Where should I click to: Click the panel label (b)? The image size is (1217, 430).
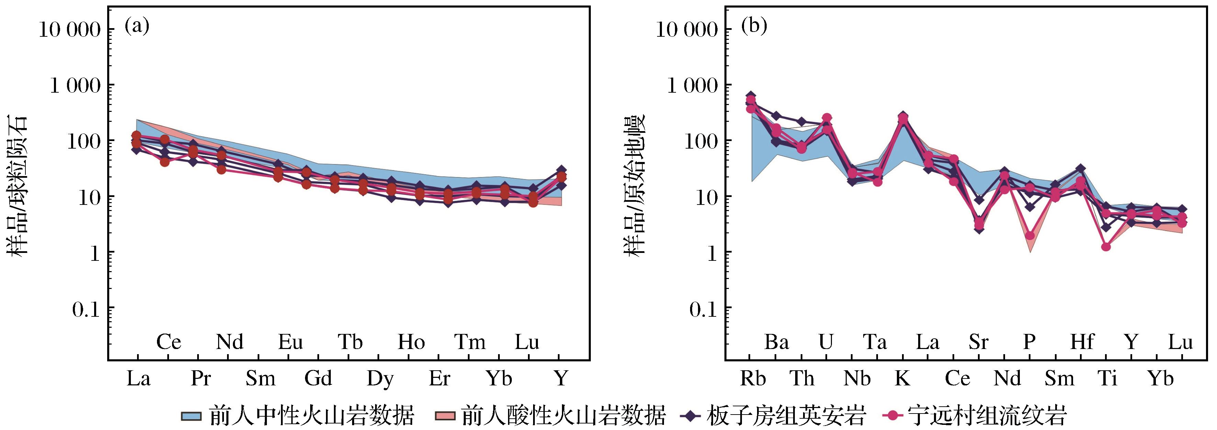(754, 26)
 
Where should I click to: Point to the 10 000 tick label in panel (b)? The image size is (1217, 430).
(687, 30)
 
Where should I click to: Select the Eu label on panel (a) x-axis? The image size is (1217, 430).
(290, 342)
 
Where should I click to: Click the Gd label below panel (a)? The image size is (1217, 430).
(318, 378)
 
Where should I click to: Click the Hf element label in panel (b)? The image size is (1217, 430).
(1082, 342)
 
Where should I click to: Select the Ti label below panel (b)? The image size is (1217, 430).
(1107, 378)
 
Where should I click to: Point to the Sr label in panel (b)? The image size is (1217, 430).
(978, 342)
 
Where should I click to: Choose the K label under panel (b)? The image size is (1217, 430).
(902, 378)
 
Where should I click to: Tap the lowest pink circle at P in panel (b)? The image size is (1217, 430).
(1030, 235)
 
